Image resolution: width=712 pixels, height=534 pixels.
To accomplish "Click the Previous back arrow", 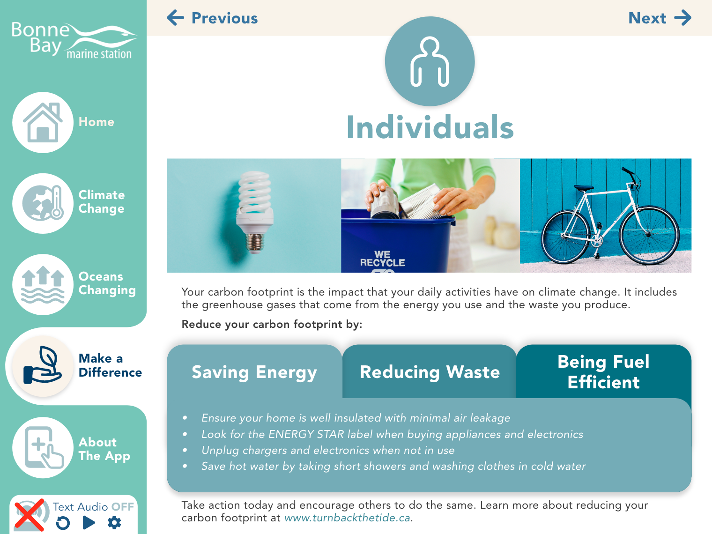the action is [176, 18].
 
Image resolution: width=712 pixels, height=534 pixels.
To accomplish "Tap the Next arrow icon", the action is [682, 18].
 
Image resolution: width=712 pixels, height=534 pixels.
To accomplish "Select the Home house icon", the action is [43, 122].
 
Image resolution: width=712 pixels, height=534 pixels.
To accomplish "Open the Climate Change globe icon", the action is [43, 203].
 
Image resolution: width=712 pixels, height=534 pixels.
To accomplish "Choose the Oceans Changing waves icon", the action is [43, 284].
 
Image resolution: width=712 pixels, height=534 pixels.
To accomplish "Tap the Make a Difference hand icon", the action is [43, 366].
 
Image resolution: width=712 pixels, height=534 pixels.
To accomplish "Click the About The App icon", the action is [43, 447].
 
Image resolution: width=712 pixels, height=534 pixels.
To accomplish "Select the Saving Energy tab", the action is [254, 371].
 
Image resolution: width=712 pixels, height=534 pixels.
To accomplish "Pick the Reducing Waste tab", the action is [430, 371].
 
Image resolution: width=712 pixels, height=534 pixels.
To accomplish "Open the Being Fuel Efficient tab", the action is [604, 371].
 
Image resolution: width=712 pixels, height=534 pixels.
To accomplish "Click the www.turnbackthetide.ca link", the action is [347, 518].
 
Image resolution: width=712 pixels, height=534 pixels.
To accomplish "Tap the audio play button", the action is [89, 523].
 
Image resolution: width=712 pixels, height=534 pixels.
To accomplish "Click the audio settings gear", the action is [114, 523].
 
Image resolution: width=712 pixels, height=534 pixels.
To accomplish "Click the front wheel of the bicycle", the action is [649, 235].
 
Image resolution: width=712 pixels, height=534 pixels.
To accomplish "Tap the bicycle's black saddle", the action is [583, 187].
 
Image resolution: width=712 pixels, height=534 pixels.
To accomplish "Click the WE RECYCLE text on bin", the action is [382, 259].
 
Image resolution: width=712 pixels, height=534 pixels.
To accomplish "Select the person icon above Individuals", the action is [430, 62].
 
